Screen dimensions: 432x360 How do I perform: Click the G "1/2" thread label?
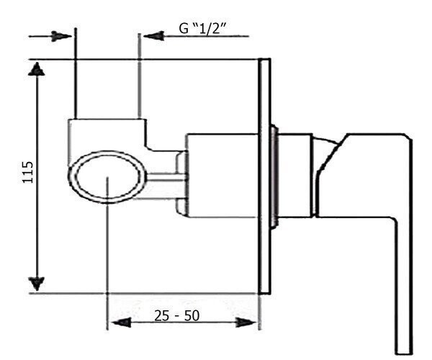pyautogui.click(x=202, y=28)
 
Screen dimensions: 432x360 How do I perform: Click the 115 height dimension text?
pyautogui.click(x=28, y=172)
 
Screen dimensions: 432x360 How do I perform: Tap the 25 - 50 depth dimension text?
pyautogui.click(x=176, y=315)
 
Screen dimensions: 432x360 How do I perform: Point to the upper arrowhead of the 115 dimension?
pyautogui.click(x=37, y=69)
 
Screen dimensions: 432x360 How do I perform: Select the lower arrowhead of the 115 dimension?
pyautogui.click(x=37, y=284)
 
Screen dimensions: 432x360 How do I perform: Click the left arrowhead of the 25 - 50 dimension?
pyautogui.click(x=121, y=323)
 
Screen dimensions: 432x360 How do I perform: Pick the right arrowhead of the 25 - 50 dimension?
pyautogui.click(x=246, y=323)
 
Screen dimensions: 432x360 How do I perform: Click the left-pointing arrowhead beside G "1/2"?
pyautogui.click(x=154, y=36)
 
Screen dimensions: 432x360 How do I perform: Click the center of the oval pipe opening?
pyautogui.click(x=107, y=177)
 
